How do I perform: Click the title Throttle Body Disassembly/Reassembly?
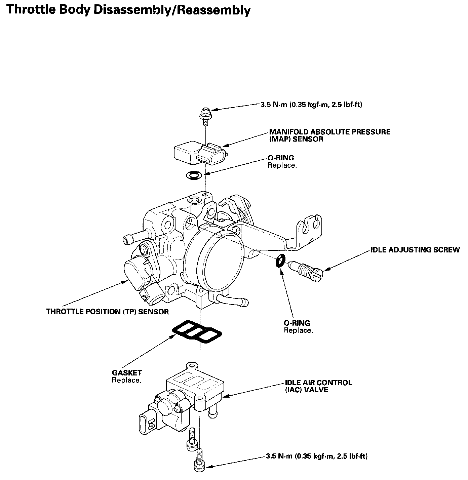(x=128, y=10)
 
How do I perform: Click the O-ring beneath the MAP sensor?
(x=194, y=175)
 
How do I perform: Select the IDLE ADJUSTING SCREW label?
(x=415, y=250)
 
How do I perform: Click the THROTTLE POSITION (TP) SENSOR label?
(x=107, y=312)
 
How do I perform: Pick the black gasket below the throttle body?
(x=197, y=332)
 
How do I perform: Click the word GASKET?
(x=127, y=373)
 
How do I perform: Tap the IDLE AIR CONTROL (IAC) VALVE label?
(x=318, y=386)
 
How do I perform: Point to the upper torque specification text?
(x=311, y=105)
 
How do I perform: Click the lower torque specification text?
(x=316, y=456)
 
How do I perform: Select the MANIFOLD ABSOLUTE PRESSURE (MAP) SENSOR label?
(x=329, y=135)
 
